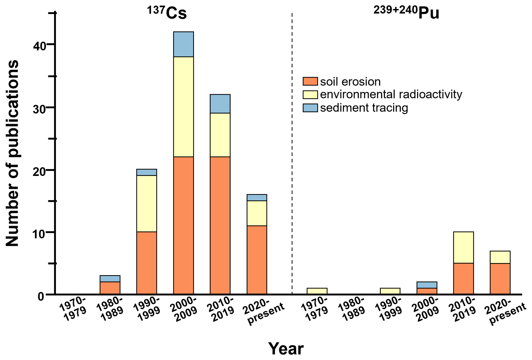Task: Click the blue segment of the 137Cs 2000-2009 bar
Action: point(183,44)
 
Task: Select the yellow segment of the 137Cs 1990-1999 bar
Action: point(146,203)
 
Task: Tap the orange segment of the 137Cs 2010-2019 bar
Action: point(220,225)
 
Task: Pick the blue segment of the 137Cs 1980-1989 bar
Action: point(110,279)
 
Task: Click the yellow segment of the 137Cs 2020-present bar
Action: point(257,213)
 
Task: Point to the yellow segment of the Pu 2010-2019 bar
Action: point(463,247)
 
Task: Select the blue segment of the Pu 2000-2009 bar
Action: point(427,285)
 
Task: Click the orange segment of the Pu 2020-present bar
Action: point(500,279)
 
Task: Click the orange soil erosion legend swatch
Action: point(310,81)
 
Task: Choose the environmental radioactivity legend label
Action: point(391,94)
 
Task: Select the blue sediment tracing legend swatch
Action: point(310,108)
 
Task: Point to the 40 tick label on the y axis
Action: point(39,46)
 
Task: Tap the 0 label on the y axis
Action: point(41,296)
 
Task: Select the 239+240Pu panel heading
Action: point(406,12)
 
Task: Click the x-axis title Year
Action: point(286,348)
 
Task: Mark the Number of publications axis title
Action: point(12,153)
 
